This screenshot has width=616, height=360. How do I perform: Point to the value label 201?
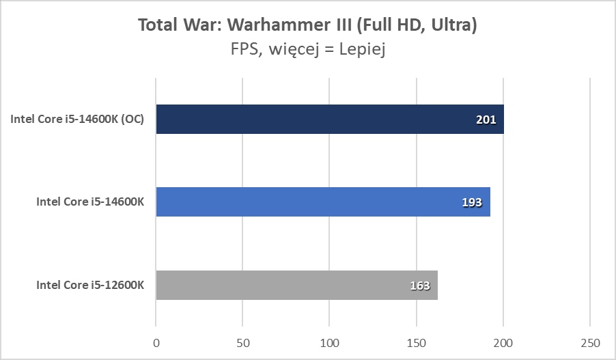[x=486, y=120]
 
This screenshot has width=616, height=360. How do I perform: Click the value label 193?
[x=472, y=203]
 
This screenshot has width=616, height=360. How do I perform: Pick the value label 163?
[x=419, y=286]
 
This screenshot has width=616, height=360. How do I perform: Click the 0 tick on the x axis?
[x=156, y=342]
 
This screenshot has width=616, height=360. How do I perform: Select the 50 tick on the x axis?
[x=243, y=342]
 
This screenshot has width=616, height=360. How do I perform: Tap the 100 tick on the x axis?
[x=330, y=342]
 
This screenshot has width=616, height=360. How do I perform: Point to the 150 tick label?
[x=417, y=342]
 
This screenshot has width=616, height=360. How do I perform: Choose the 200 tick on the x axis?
[x=503, y=342]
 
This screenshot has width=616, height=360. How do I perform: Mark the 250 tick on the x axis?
[x=590, y=342]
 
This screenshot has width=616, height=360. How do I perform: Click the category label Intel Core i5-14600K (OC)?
[x=81, y=120]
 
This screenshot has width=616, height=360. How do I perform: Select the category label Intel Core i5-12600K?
[x=90, y=285]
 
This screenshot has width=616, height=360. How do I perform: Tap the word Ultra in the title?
[x=451, y=25]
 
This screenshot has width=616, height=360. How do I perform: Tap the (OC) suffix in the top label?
[x=134, y=120]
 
